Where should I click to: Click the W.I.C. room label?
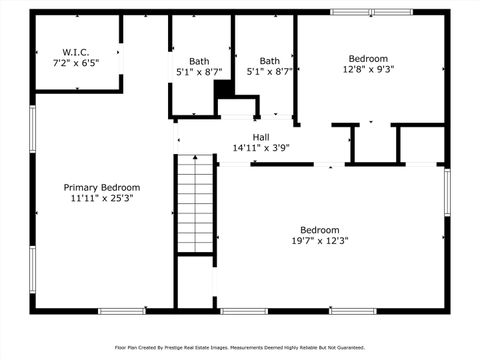(75, 51)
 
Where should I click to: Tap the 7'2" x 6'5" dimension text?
(75, 62)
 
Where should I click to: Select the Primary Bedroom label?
(102, 187)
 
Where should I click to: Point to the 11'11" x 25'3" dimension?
(102, 198)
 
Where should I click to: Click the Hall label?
(261, 137)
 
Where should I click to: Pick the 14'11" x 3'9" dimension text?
(261, 148)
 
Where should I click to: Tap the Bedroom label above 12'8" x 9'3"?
(369, 58)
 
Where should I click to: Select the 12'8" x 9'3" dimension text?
(369, 70)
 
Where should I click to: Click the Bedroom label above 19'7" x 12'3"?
(320, 229)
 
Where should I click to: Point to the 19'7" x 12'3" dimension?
(320, 240)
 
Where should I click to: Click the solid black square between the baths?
(225, 89)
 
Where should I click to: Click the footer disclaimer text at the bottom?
(240, 348)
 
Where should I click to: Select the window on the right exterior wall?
(446, 190)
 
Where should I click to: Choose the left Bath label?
(200, 60)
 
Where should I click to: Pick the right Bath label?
(270, 60)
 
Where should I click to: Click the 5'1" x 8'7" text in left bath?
(200, 72)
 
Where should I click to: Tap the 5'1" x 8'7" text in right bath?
(270, 72)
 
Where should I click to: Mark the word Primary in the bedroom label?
(82, 187)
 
